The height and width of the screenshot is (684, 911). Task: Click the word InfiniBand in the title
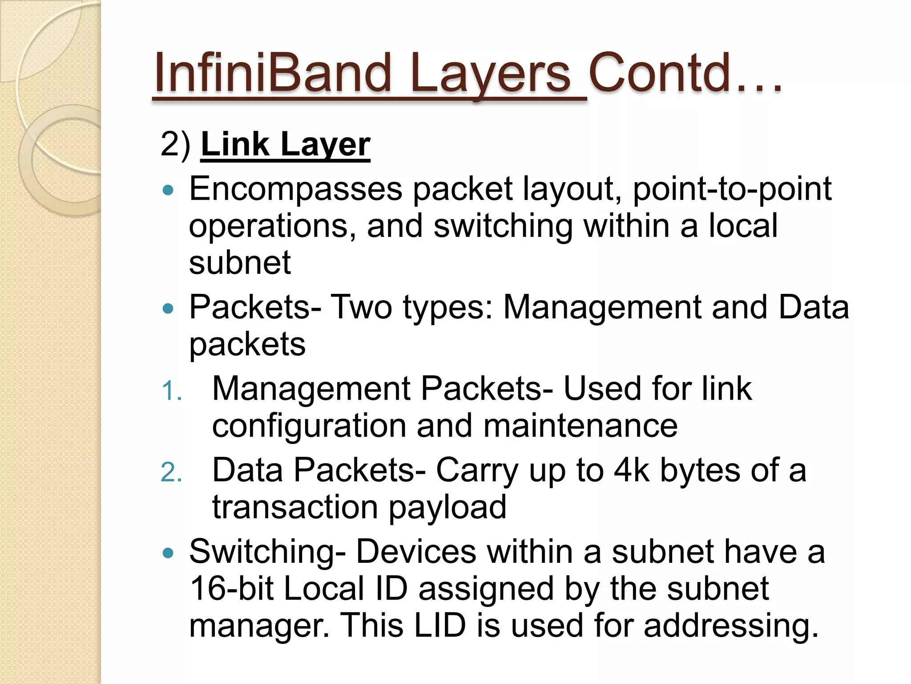click(272, 73)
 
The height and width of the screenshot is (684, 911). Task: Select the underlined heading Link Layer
click(285, 144)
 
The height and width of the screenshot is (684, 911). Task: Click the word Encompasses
click(295, 189)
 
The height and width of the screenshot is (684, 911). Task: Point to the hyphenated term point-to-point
click(732, 189)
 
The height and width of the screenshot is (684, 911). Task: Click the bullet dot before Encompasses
click(168, 191)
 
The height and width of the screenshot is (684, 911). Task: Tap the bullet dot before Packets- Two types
click(168, 308)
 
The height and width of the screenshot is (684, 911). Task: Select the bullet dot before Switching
click(168, 553)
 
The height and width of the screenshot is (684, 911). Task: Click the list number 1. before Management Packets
click(171, 392)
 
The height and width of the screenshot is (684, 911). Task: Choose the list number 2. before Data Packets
click(171, 473)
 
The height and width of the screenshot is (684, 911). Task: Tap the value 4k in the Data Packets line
click(631, 470)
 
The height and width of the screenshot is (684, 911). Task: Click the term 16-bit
click(231, 589)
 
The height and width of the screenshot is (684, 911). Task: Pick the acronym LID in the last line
click(439, 625)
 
